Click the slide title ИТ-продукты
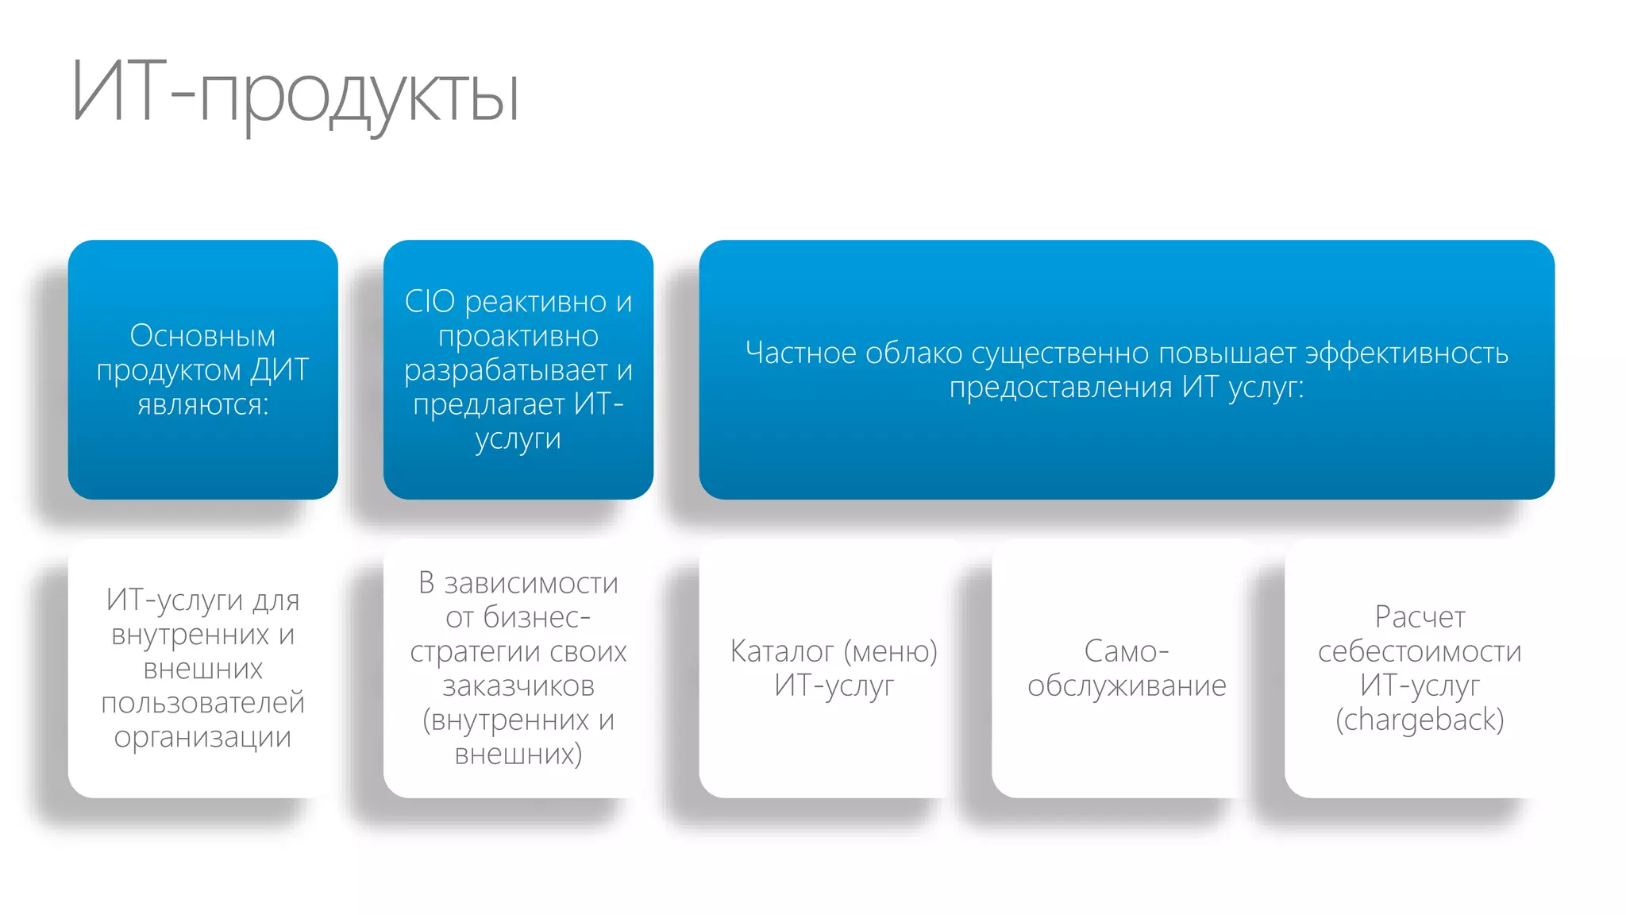[x=295, y=94]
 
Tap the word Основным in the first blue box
[x=202, y=336]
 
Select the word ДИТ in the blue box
[x=279, y=370]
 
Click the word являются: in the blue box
[x=202, y=404]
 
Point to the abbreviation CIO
[x=430, y=302]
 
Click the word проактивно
[x=518, y=336]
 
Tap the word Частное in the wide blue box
[x=800, y=353]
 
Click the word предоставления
[x=1060, y=388]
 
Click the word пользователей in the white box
[x=202, y=703]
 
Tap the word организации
[x=202, y=737]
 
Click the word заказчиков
[x=518, y=685]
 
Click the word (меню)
[x=890, y=651]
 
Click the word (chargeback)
[x=1419, y=720]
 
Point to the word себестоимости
[x=1419, y=651]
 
